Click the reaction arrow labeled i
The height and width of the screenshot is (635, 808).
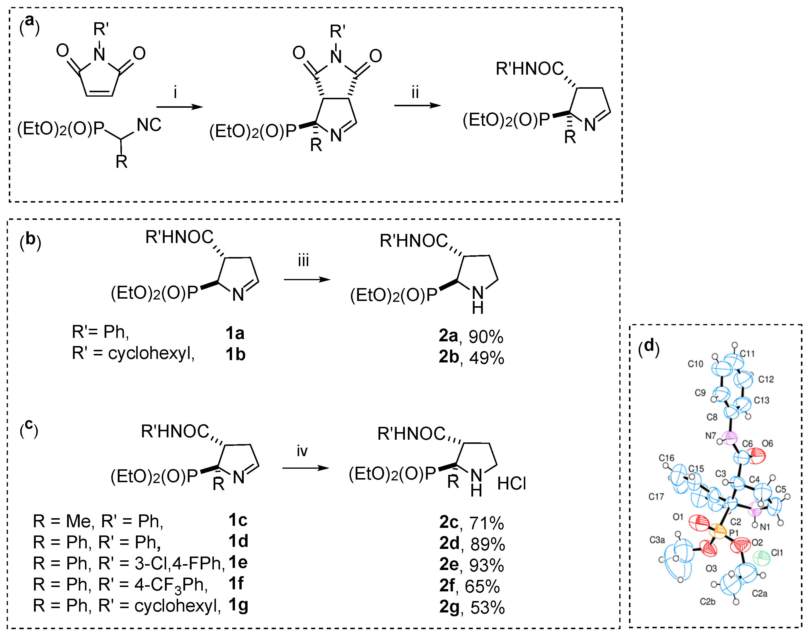pos(179,107)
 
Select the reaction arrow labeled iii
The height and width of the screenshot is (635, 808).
pos(307,280)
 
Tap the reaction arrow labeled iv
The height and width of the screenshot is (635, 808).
pos(306,468)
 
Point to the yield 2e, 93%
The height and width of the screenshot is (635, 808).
pos(471,565)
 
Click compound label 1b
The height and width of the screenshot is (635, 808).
pos(235,354)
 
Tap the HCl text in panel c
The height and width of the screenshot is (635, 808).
pos(512,484)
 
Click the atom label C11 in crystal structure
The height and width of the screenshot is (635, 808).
pos(747,354)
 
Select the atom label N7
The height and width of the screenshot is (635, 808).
pos(710,435)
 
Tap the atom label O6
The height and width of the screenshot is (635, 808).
pos(768,443)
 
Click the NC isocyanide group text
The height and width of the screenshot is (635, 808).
pos(149,125)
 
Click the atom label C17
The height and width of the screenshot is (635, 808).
pos(656,497)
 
